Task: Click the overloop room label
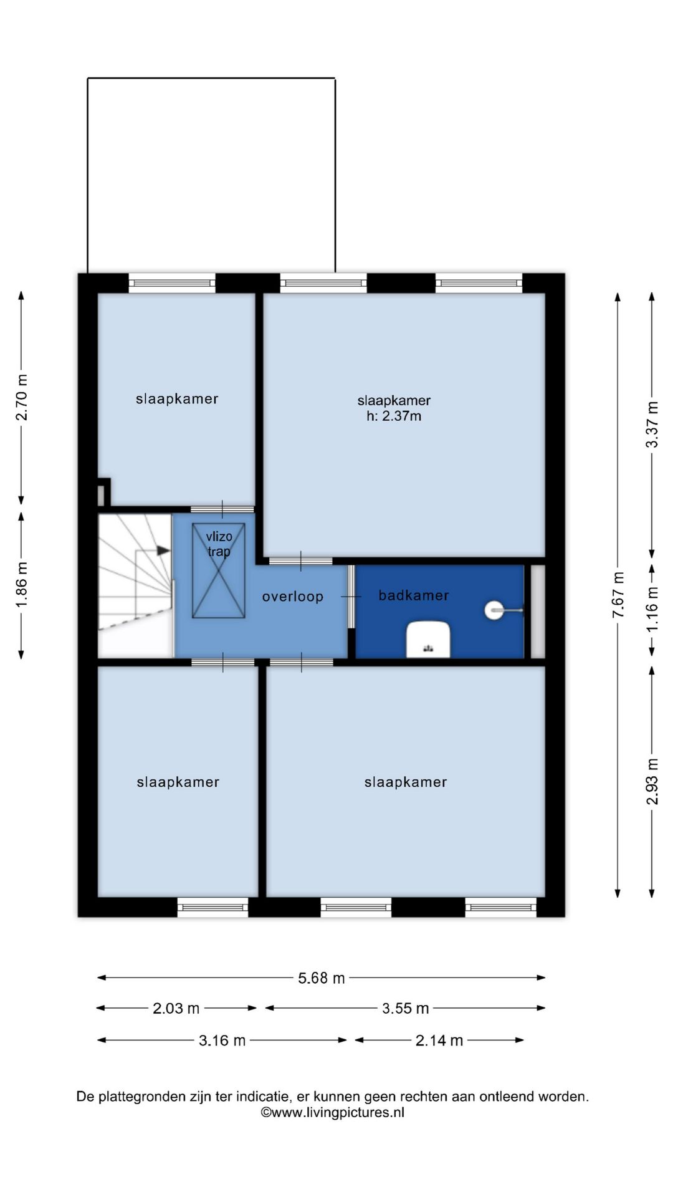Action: (292, 597)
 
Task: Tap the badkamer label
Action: (414, 595)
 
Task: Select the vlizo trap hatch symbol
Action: (219, 570)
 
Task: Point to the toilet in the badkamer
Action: (428, 639)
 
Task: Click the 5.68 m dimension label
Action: (321, 978)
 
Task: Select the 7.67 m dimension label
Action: (618, 595)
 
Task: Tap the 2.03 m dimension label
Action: (176, 1008)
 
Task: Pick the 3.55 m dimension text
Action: (405, 1008)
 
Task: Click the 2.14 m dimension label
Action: (439, 1040)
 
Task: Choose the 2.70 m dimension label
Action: (21, 397)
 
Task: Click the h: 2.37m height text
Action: (394, 416)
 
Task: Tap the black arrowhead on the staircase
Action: (163, 550)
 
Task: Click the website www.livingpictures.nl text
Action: (332, 1113)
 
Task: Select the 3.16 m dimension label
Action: (222, 1040)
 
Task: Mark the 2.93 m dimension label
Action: (652, 781)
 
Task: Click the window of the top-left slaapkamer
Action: (172, 283)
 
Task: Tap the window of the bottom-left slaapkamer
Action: (212, 907)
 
